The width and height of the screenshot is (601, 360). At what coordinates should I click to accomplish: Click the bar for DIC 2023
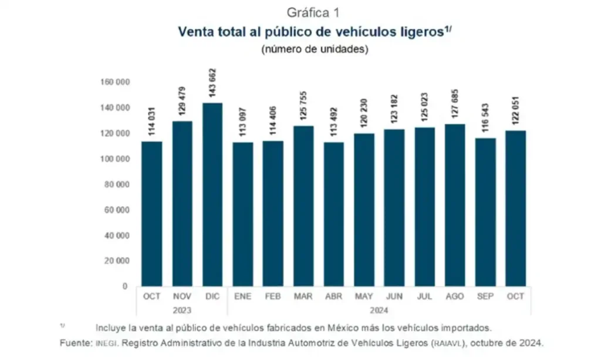pyautogui.click(x=212, y=194)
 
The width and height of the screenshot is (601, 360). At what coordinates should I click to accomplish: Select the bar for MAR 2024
pyautogui.click(x=303, y=206)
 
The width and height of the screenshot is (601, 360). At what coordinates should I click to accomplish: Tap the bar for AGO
pyautogui.click(x=455, y=205)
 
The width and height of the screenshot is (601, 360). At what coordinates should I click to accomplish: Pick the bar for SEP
pyautogui.click(x=485, y=212)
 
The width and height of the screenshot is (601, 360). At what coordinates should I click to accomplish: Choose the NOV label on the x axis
pyautogui.click(x=182, y=297)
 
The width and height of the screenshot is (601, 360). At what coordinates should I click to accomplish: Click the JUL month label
pyautogui.click(x=424, y=297)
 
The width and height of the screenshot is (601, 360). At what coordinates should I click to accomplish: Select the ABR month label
pyautogui.click(x=333, y=297)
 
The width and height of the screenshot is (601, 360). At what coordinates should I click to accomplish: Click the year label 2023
pyautogui.click(x=182, y=309)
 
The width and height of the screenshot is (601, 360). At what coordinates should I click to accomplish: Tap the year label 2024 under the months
pyautogui.click(x=379, y=309)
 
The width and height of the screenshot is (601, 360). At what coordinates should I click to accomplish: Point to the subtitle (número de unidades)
pyautogui.click(x=315, y=49)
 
